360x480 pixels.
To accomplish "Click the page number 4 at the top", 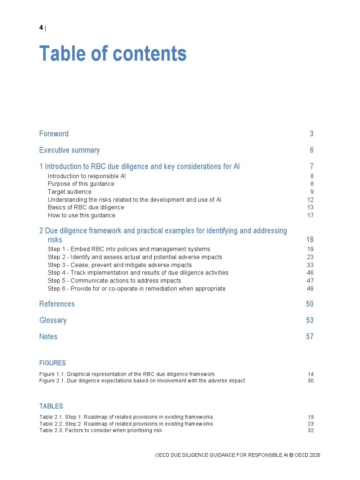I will [41, 28].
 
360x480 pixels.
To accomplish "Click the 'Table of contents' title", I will [113, 54].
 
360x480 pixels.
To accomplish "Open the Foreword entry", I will [54, 134].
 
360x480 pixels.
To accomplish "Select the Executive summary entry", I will [69, 150].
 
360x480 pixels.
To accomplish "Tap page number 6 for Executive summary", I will [311, 150].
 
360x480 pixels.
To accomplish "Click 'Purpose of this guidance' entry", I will [81, 184].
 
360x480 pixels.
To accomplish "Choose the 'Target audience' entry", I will [70, 192].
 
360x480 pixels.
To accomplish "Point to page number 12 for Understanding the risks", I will [310, 200].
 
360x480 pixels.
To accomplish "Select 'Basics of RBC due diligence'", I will [86, 208].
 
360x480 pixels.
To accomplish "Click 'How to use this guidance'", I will [82, 216].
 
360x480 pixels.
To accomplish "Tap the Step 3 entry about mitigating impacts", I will [120, 265].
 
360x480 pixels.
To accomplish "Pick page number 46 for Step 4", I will [310, 273].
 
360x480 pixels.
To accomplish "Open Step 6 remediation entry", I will [136, 289].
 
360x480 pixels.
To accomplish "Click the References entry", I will [57, 304].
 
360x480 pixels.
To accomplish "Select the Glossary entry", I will [53, 320].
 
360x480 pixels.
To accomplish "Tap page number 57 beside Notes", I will [310, 337].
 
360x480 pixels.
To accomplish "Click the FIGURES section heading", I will [53, 363].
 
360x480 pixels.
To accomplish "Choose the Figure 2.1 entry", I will [142, 381].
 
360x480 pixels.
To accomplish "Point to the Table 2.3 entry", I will [101, 431].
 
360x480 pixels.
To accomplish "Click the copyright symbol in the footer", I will [291, 455].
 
